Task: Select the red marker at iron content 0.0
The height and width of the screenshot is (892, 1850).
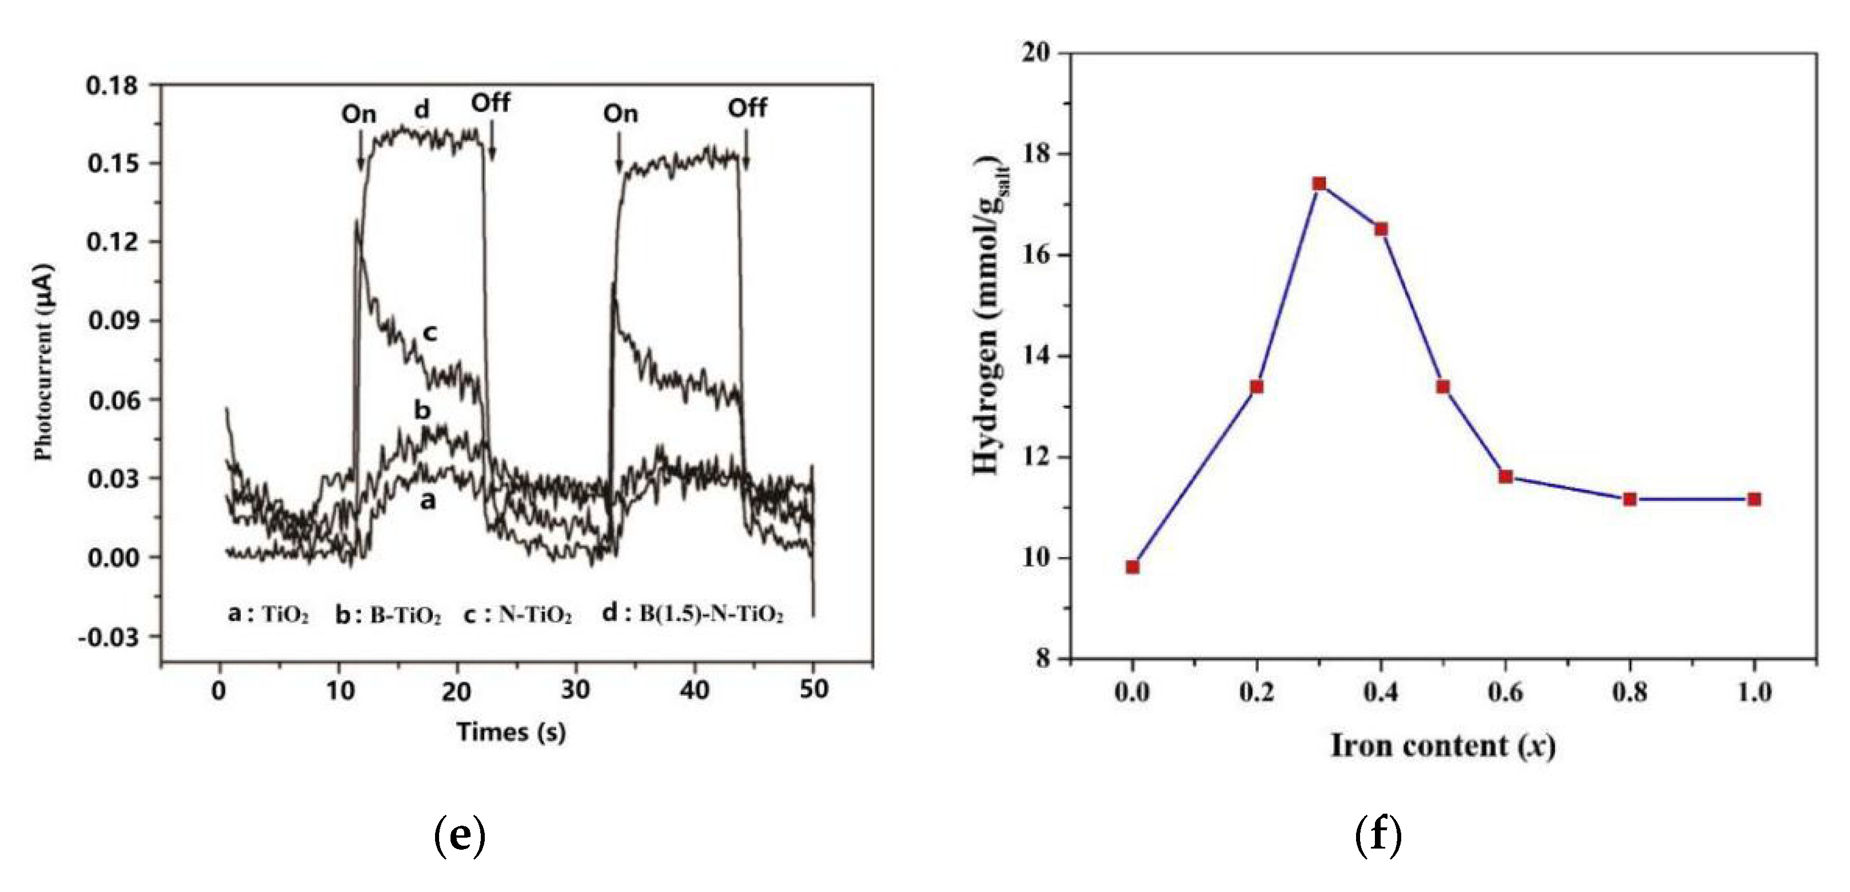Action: [x=1133, y=567]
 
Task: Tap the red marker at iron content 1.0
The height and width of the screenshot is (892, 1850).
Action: [x=1755, y=499]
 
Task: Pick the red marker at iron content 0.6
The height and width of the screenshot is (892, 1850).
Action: [x=1506, y=477]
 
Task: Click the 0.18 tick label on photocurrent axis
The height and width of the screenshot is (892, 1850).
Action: [x=111, y=85]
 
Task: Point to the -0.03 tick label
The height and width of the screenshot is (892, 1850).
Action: [x=109, y=637]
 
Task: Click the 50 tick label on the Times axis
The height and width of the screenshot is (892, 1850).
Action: [x=813, y=690]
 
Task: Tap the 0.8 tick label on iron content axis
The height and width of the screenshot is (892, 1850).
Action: [x=1629, y=692]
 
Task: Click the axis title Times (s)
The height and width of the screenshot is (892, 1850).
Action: [x=511, y=732]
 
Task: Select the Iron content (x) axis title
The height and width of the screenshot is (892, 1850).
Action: [x=1443, y=747]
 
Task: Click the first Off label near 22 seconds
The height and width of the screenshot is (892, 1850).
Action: [x=491, y=103]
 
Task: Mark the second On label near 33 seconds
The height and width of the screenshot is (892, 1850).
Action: [x=620, y=113]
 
